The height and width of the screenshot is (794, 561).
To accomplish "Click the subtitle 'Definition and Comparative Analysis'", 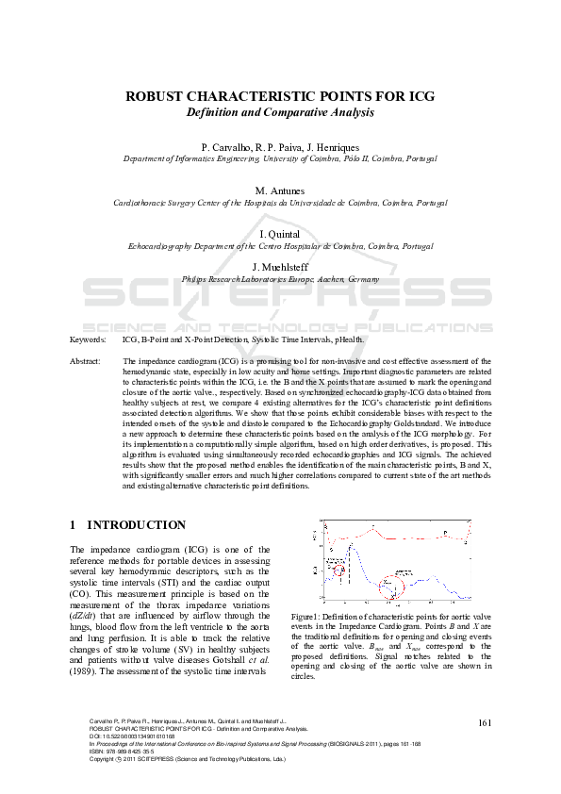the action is click(x=280, y=112).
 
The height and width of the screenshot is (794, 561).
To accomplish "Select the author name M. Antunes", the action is click(x=280, y=190).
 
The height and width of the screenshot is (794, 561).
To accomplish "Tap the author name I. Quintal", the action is click(x=280, y=233).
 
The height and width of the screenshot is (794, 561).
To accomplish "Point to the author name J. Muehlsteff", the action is click(x=280, y=267).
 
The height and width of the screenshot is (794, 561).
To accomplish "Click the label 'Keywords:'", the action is click(x=88, y=338).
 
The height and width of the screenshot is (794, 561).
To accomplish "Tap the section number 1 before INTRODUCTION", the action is click(x=74, y=525).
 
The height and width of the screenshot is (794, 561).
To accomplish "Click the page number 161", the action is click(x=485, y=722).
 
